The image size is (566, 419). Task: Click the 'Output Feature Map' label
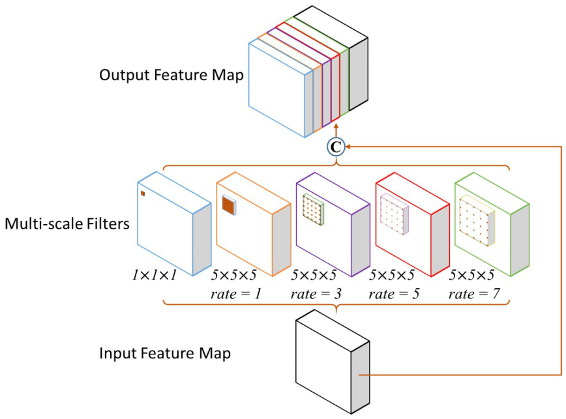pyautogui.click(x=171, y=76)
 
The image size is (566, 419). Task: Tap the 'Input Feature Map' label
pyautogui.click(x=165, y=354)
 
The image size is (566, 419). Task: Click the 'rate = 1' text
pyautogui.click(x=236, y=294)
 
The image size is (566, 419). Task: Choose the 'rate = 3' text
pyautogui.click(x=316, y=294)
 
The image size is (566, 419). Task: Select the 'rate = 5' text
pyautogui.click(x=395, y=294)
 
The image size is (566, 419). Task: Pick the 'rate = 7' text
pyautogui.click(x=474, y=294)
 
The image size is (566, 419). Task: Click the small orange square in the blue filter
pyautogui.click(x=142, y=193)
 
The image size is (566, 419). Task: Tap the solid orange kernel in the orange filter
pyautogui.click(x=228, y=205)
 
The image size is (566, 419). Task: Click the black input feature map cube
pyautogui.click(x=323, y=362)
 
